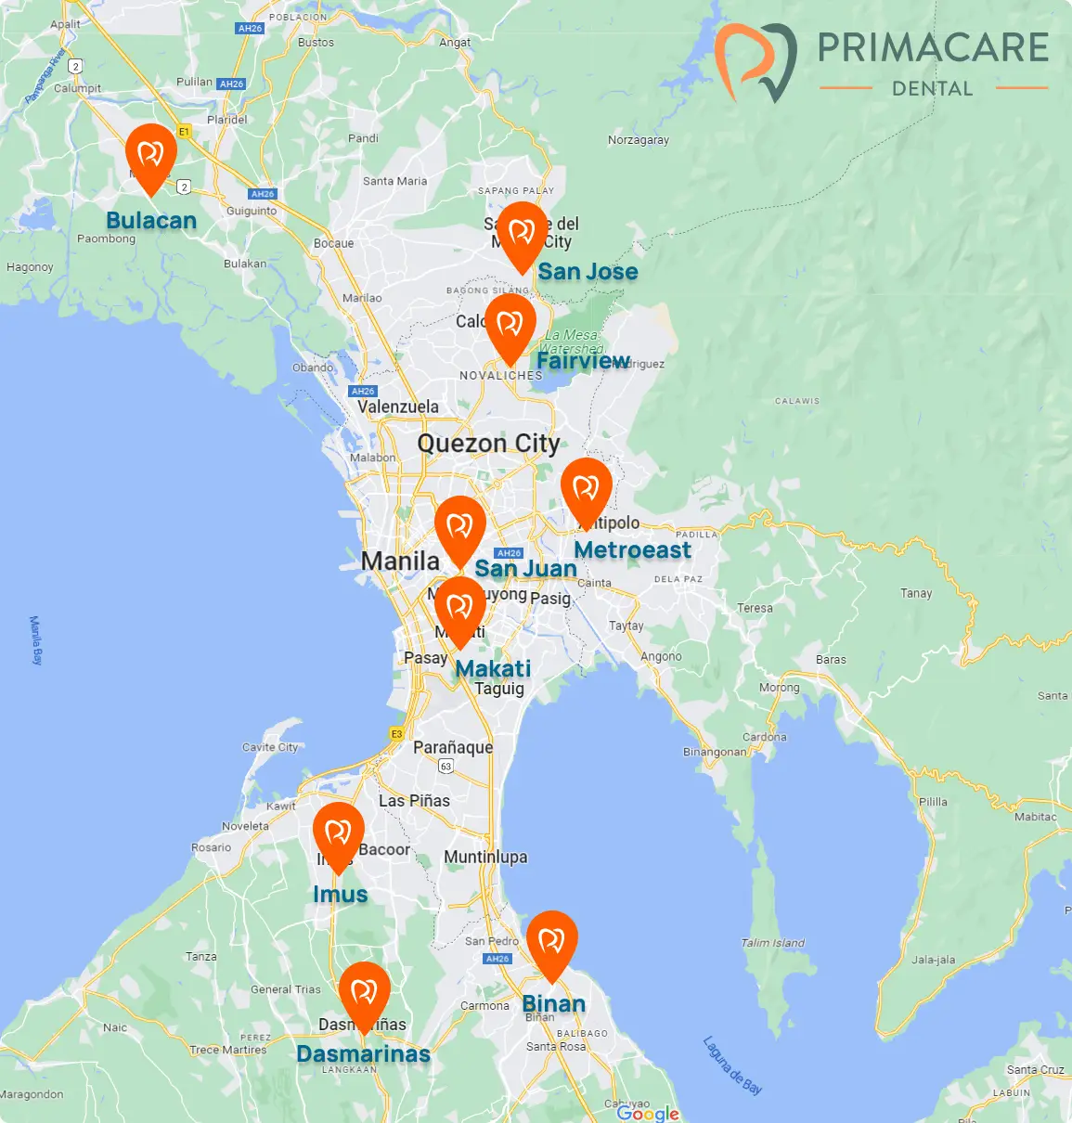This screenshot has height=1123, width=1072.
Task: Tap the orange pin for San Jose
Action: (522, 233)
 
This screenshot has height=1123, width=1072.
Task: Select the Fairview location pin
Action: (510, 325)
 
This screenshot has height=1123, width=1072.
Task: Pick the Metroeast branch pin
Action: (587, 488)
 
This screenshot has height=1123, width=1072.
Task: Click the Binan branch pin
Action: (552, 941)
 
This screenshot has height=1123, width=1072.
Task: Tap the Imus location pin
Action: (339, 833)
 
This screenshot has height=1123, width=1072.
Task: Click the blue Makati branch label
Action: (493, 669)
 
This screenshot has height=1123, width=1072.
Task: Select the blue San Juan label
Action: (525, 569)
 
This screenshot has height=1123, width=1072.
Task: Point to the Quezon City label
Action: (488, 444)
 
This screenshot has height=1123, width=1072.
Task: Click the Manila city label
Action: (400, 561)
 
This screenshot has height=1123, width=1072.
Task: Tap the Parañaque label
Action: (453, 747)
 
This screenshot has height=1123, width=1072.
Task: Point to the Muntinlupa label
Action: (485, 857)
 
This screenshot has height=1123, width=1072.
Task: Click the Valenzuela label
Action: (398, 407)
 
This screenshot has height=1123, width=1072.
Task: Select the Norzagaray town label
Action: (639, 140)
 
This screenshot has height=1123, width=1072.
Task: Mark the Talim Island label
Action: (772, 943)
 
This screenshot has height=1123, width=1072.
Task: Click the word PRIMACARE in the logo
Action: (933, 48)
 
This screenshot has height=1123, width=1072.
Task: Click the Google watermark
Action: (648, 1113)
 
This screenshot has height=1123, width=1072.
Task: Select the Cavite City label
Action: (270, 747)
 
